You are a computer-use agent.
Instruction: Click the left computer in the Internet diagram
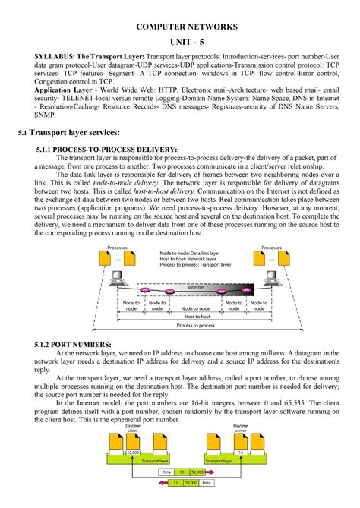click(x=117, y=285)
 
